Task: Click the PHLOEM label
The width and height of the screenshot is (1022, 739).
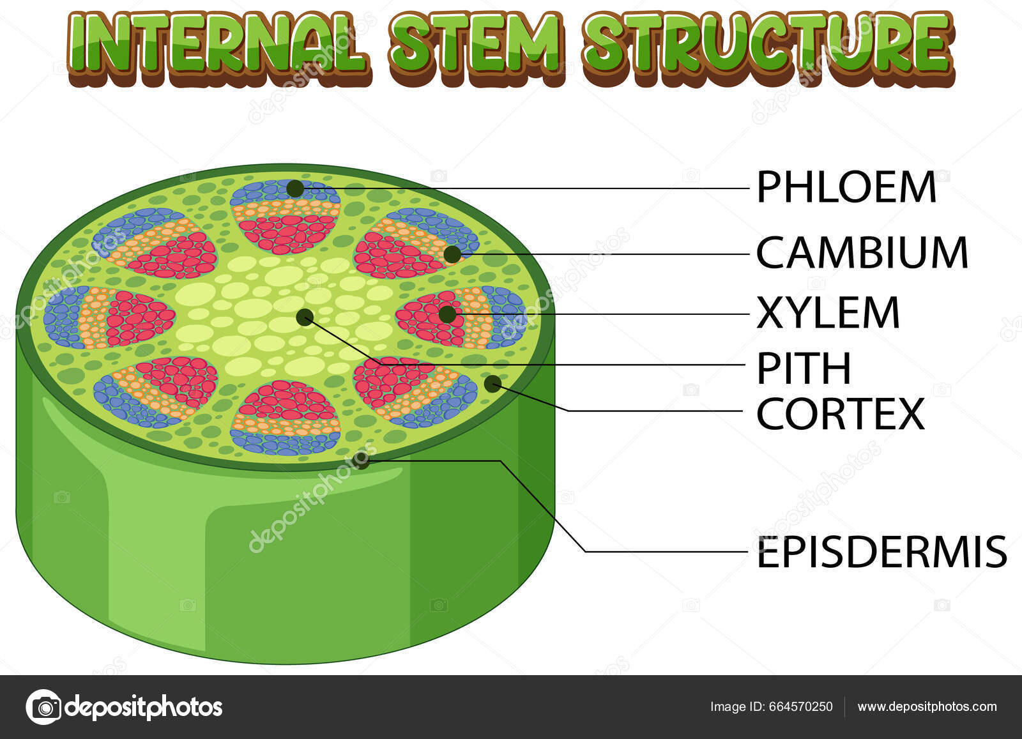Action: pos(846,187)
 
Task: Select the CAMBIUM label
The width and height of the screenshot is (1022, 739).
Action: pos(862,253)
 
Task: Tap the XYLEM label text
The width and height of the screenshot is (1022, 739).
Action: pos(828,313)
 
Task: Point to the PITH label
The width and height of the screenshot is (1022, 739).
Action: pos(804,369)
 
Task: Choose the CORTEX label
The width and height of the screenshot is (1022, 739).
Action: pos(840,415)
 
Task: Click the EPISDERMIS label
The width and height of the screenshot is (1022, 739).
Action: pos(881,552)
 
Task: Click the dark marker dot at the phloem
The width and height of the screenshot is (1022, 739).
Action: pos(294,188)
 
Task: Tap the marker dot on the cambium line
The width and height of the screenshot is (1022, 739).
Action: pos(452,254)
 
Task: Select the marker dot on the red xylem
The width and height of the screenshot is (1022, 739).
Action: pos(447,314)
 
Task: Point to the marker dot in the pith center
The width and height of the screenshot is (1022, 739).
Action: pos(305,317)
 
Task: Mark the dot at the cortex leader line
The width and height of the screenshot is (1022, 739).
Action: pos(492,383)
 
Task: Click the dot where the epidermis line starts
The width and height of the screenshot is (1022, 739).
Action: pos(363,461)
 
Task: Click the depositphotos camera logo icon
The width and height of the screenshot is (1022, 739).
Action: pos(44,707)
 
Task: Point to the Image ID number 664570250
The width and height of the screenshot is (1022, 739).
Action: pos(801,707)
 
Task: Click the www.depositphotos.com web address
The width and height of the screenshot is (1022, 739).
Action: pos(927,707)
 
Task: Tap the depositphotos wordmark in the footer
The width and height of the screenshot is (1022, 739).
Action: pos(143,707)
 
